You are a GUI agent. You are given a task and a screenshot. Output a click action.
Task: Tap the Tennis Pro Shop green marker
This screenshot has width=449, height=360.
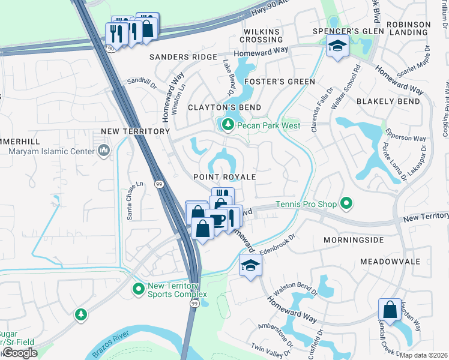[x=346, y=205]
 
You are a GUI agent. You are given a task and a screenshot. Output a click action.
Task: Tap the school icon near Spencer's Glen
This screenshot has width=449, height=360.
[x=337, y=45]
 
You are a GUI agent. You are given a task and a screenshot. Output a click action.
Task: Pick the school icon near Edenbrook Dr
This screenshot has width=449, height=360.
[x=250, y=265]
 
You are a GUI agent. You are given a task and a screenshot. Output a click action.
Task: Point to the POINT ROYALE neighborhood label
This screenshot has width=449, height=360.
[x=224, y=178]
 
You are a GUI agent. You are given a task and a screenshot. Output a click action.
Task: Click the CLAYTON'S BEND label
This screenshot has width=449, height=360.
[x=224, y=107]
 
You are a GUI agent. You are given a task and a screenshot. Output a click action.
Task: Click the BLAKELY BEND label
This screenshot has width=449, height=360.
[x=388, y=101]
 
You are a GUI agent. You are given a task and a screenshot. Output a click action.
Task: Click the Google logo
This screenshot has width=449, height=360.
[x=20, y=353]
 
